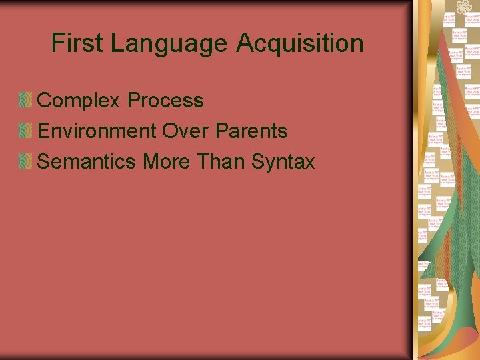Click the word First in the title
tap(78, 44)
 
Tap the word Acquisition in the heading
tap(299, 44)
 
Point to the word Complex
tap(79, 101)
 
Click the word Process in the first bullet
tap(165, 101)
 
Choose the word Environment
tap(97, 131)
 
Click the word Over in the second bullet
tap(186, 131)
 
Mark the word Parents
tap(251, 131)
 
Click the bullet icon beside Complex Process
tap(25, 101)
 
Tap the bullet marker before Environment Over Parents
tap(25, 131)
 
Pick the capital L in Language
tap(117, 44)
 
